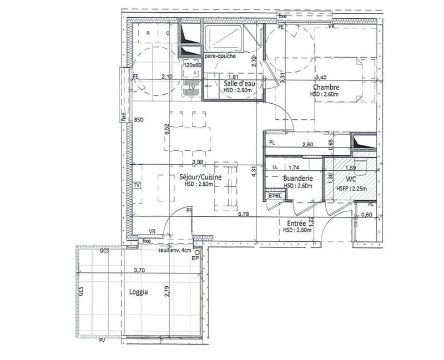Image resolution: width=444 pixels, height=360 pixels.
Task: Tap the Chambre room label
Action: [326, 87]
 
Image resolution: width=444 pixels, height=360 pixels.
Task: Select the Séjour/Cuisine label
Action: [200, 177]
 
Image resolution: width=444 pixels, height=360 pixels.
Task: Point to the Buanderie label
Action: [297, 179]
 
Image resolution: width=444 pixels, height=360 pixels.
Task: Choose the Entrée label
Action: [295, 223]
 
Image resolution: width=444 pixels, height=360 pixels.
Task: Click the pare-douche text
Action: [220, 57]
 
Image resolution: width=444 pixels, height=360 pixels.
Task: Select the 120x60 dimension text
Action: [192, 65]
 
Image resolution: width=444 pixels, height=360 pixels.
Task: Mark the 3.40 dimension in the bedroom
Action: [321, 78]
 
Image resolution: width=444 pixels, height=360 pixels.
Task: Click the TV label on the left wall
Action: [137, 185]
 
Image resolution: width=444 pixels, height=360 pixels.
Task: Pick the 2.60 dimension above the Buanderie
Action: [309, 145]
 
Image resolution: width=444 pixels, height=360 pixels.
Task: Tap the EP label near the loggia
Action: [195, 258]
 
